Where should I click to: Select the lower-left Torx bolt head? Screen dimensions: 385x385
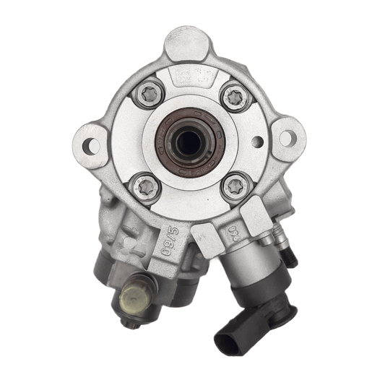(x=147, y=187)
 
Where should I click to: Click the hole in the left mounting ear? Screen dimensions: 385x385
(x=91, y=146)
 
